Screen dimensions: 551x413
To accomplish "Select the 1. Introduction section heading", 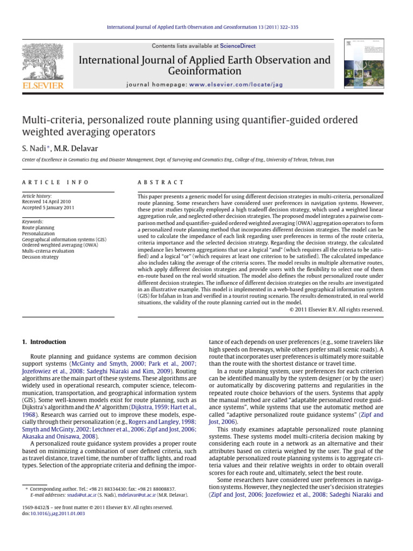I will point(44,342).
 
